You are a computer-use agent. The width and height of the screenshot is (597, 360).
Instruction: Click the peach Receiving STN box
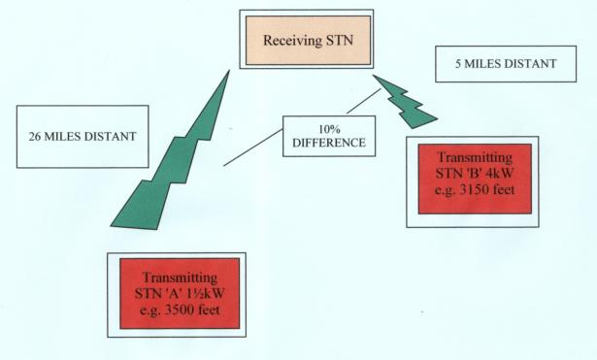(x=308, y=40)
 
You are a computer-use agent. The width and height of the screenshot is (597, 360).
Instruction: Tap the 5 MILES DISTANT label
(x=506, y=63)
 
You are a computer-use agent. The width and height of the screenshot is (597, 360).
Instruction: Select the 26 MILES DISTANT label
(x=83, y=137)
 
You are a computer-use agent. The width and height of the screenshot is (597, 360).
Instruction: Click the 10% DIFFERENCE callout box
(x=329, y=136)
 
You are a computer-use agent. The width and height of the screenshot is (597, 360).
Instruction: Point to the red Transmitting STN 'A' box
(x=180, y=293)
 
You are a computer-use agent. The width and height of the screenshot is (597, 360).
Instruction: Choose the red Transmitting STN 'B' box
(x=475, y=179)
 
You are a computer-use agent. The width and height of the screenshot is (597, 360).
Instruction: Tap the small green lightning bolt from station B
(x=404, y=101)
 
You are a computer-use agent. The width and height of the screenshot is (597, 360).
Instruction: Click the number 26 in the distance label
(x=35, y=137)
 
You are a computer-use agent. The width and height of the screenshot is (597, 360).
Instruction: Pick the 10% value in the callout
(x=329, y=129)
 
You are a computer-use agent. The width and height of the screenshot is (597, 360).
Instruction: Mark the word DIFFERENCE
(x=329, y=143)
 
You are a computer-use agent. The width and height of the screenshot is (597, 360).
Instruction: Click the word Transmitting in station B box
(x=475, y=157)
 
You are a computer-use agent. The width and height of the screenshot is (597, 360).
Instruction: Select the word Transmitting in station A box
(x=180, y=278)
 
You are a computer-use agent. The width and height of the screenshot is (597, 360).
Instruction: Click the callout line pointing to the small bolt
(x=364, y=101)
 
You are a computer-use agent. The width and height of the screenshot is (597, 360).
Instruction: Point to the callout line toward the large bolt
(x=253, y=147)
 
